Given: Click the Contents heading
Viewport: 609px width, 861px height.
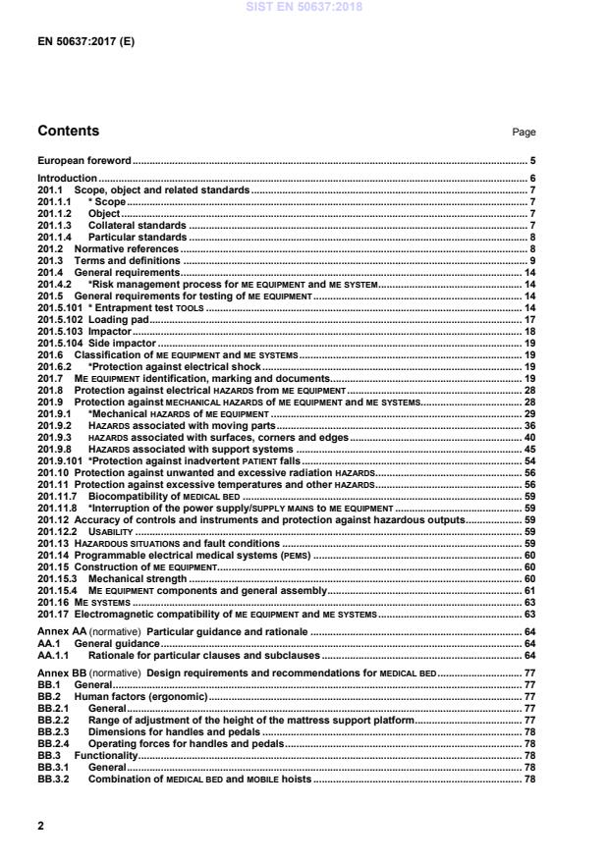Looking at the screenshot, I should click(x=68, y=131).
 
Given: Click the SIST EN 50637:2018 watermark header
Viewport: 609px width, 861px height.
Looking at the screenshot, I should click(x=304, y=6).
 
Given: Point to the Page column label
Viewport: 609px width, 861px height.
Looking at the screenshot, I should click(x=525, y=133).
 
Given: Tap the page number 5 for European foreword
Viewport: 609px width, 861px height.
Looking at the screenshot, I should click(x=532, y=160).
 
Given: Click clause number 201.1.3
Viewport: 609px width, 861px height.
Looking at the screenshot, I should click(x=54, y=225).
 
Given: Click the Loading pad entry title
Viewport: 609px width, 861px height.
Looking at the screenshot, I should click(x=116, y=320).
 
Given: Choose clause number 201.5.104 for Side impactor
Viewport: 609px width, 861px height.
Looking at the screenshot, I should click(x=60, y=344).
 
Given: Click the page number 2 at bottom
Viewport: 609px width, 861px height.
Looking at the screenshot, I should click(x=40, y=826).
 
